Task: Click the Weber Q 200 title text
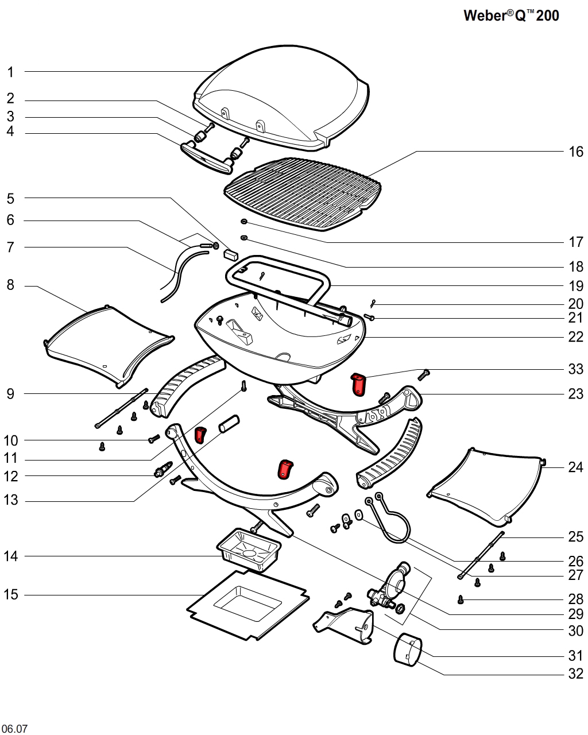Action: tap(510, 16)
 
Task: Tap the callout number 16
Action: tap(575, 152)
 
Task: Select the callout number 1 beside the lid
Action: tap(10, 72)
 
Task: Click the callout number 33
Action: tap(575, 369)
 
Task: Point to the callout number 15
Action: tap(11, 595)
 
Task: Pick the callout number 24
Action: tap(575, 467)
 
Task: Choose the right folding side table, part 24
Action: tap(488, 485)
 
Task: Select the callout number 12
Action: tap(11, 476)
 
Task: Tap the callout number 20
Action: tap(575, 304)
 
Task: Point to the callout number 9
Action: tap(10, 394)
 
